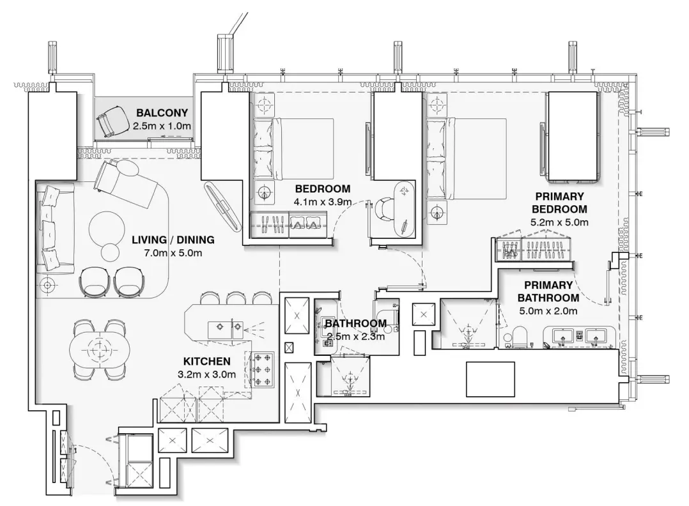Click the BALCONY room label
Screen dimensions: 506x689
pos(162,113)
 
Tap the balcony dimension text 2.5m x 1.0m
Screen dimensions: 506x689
pos(162,126)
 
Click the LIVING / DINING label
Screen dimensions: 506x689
pos(173,240)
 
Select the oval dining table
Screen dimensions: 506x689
pos(98,349)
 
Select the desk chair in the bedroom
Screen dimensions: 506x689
pos(385,208)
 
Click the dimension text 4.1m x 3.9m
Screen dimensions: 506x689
pos(322,201)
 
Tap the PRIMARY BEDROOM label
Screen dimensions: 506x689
pos(561,203)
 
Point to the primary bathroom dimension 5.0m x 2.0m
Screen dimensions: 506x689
pos(548,311)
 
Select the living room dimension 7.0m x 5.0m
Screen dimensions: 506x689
pos(173,253)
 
